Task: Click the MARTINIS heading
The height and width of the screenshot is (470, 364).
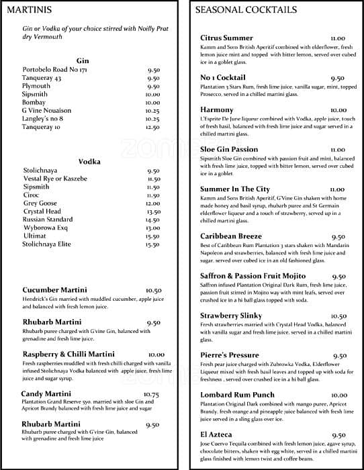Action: [x=30, y=10]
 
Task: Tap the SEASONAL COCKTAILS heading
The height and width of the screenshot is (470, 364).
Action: [x=246, y=10]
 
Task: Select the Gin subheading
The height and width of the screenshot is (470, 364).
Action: [x=83, y=60]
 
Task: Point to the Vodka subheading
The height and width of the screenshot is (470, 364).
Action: [x=89, y=161]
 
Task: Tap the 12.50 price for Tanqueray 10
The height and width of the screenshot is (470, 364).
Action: [x=152, y=127]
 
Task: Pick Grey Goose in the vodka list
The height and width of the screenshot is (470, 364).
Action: [x=40, y=203]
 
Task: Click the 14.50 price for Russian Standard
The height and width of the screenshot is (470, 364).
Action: [x=152, y=220]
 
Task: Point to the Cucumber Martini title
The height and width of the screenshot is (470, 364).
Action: [x=54, y=290]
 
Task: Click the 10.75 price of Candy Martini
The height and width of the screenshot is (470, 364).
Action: [x=151, y=394]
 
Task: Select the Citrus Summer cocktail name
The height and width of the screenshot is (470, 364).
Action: [x=227, y=38]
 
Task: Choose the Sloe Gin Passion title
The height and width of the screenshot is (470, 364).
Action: [x=229, y=150]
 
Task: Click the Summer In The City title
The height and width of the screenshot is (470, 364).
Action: [x=234, y=189]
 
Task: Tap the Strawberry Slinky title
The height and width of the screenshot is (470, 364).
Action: [x=231, y=316]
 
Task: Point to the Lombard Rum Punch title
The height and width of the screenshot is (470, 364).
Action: [x=238, y=395]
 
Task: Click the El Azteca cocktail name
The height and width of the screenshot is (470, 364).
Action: [x=218, y=435]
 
